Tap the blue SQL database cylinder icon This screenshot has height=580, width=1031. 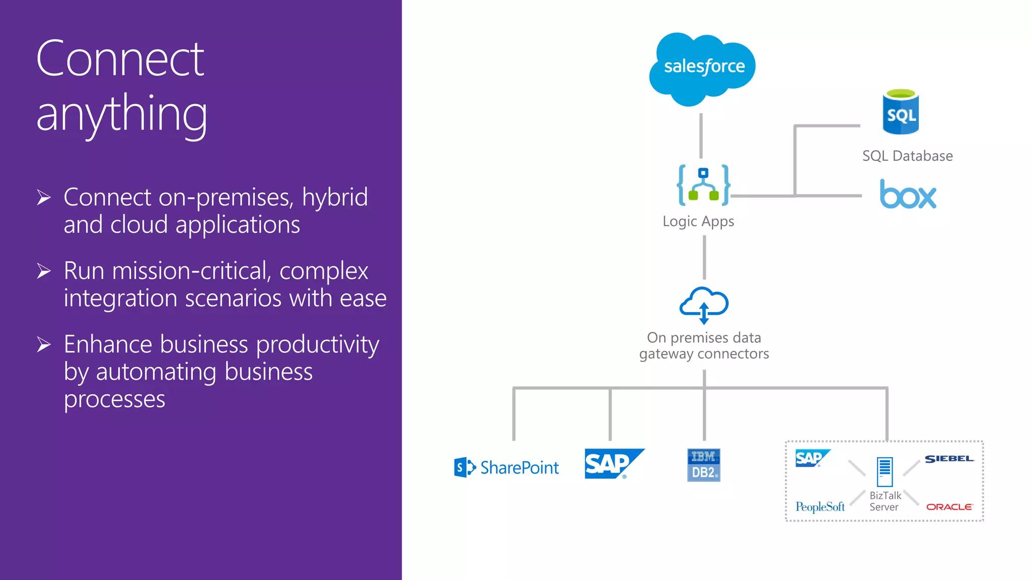click(901, 112)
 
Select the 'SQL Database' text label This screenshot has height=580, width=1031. click(907, 156)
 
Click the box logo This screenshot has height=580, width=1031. click(908, 194)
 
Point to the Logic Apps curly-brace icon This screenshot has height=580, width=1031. click(703, 185)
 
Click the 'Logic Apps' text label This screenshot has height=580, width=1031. click(698, 222)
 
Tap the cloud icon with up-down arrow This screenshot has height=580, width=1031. click(704, 305)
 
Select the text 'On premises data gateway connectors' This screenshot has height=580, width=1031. click(704, 345)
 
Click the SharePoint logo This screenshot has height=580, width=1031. click(506, 467)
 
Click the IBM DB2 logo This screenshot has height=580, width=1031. click(703, 465)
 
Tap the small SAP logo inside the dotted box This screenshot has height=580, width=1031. click(811, 458)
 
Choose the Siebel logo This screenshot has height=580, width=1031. click(949, 459)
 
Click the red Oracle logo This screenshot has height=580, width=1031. click(949, 507)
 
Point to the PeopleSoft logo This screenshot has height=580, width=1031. click(820, 506)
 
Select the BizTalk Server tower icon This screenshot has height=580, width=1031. click(885, 472)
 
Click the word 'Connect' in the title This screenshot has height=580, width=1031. click(120, 59)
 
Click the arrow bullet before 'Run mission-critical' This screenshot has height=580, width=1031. click(44, 271)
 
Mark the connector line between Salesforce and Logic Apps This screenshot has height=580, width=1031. click(701, 135)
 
